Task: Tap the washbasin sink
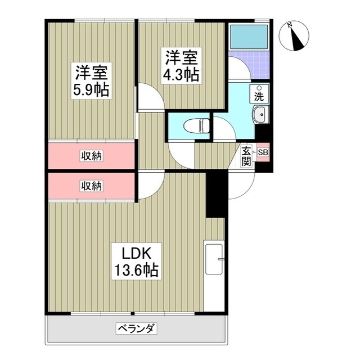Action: click(x=262, y=116)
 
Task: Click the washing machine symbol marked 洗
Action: click(x=259, y=93)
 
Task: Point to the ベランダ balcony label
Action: click(x=137, y=328)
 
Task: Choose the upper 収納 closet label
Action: click(x=91, y=155)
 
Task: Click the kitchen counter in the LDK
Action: click(x=214, y=276)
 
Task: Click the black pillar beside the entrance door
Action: click(x=215, y=193)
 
